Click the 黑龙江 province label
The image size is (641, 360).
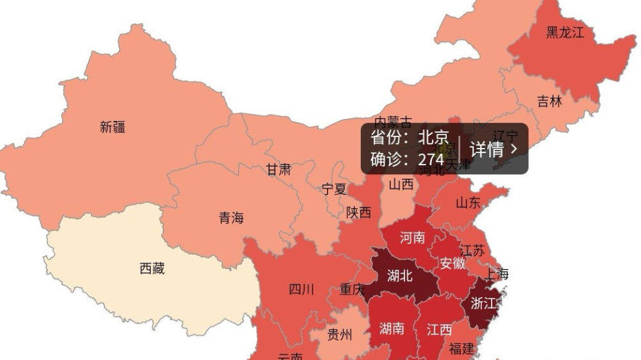(x=565, y=33)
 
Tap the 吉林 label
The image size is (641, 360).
(x=549, y=101)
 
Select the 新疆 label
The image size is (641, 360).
(x=113, y=127)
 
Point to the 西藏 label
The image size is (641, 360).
(x=152, y=268)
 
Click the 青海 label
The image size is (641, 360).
(x=231, y=218)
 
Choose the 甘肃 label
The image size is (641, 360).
(x=278, y=170)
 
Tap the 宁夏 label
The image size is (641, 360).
(x=334, y=189)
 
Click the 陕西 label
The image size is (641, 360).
(x=358, y=213)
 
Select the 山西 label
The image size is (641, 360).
(x=401, y=184)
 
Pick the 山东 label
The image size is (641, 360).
(x=467, y=203)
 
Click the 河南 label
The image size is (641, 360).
(x=412, y=238)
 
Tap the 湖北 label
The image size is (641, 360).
(x=401, y=276)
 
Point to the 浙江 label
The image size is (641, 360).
(x=483, y=302)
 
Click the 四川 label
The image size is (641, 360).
(x=301, y=290)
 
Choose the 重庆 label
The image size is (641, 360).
(x=352, y=290)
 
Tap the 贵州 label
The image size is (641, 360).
(x=340, y=334)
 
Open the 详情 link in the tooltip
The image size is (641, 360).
(x=494, y=149)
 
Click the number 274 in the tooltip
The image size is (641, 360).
(x=431, y=160)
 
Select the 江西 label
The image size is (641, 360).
(x=439, y=330)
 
